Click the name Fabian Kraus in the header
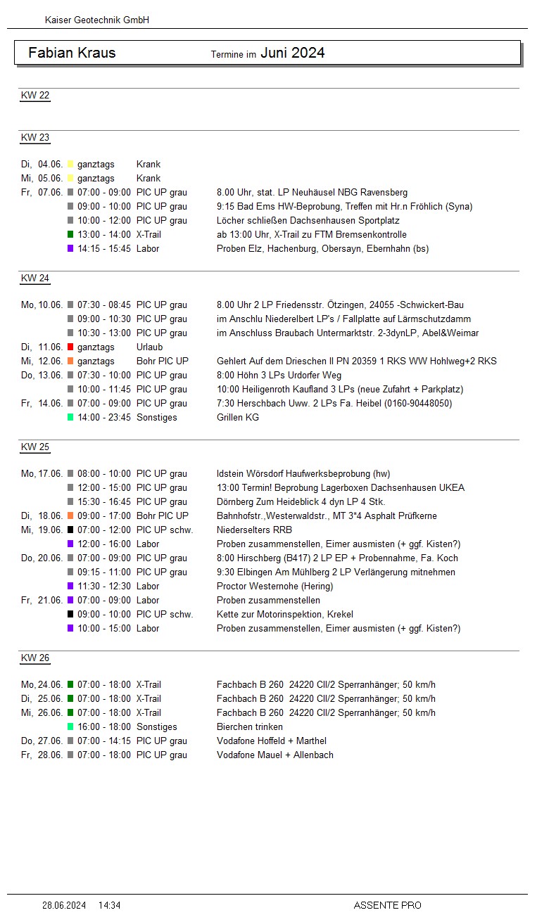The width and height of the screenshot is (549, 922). point(72,53)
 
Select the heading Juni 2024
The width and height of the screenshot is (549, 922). point(292,53)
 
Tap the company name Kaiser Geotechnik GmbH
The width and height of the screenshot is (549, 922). point(96,20)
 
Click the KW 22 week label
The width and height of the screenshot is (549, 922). point(35,96)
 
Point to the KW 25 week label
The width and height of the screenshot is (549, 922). point(35,447)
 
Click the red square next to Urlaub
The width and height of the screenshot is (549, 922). point(70,347)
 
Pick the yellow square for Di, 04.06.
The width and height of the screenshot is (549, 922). point(70,165)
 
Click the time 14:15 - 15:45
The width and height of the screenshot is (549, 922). point(104,249)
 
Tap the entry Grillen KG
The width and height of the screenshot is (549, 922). point(238,418)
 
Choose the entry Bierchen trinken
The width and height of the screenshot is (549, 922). point(250,727)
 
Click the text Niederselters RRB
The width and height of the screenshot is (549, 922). point(254,530)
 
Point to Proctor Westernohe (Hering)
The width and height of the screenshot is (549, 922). point(274,587)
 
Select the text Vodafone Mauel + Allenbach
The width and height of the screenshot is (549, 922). point(275,755)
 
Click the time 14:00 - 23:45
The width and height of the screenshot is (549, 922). point(104,418)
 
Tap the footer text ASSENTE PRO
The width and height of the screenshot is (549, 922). point(387,906)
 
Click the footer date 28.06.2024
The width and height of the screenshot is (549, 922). point(64,906)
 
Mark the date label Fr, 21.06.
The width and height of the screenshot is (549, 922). point(42,601)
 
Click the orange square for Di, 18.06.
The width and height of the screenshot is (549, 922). point(70,516)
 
